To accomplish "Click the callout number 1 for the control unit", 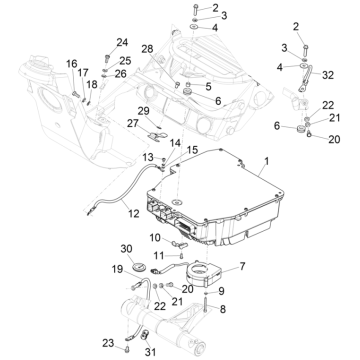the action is click(267, 161).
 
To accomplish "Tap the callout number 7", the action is click(242, 266).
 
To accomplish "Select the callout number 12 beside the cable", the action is click(134, 213).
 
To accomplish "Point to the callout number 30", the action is click(126, 249).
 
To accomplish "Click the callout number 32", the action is click(328, 75).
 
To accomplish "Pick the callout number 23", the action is click(108, 343).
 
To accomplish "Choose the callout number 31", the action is click(150, 352).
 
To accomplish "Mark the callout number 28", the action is click(147, 49).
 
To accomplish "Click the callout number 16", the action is click(72, 64).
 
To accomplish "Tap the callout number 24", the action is click(122, 42).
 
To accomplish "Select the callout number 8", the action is click(222, 309).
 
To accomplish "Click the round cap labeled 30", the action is click(139, 266).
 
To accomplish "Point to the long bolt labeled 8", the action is click(207, 303).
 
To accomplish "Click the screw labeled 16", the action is click(76, 95).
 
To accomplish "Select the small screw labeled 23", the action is click(127, 349).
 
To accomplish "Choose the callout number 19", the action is click(117, 269).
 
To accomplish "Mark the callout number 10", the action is click(155, 238).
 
